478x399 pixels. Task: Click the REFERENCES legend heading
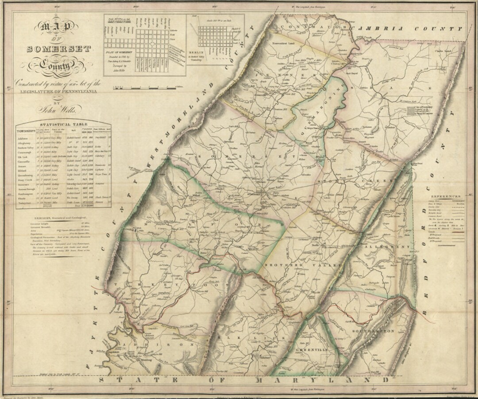[x=447, y=196]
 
